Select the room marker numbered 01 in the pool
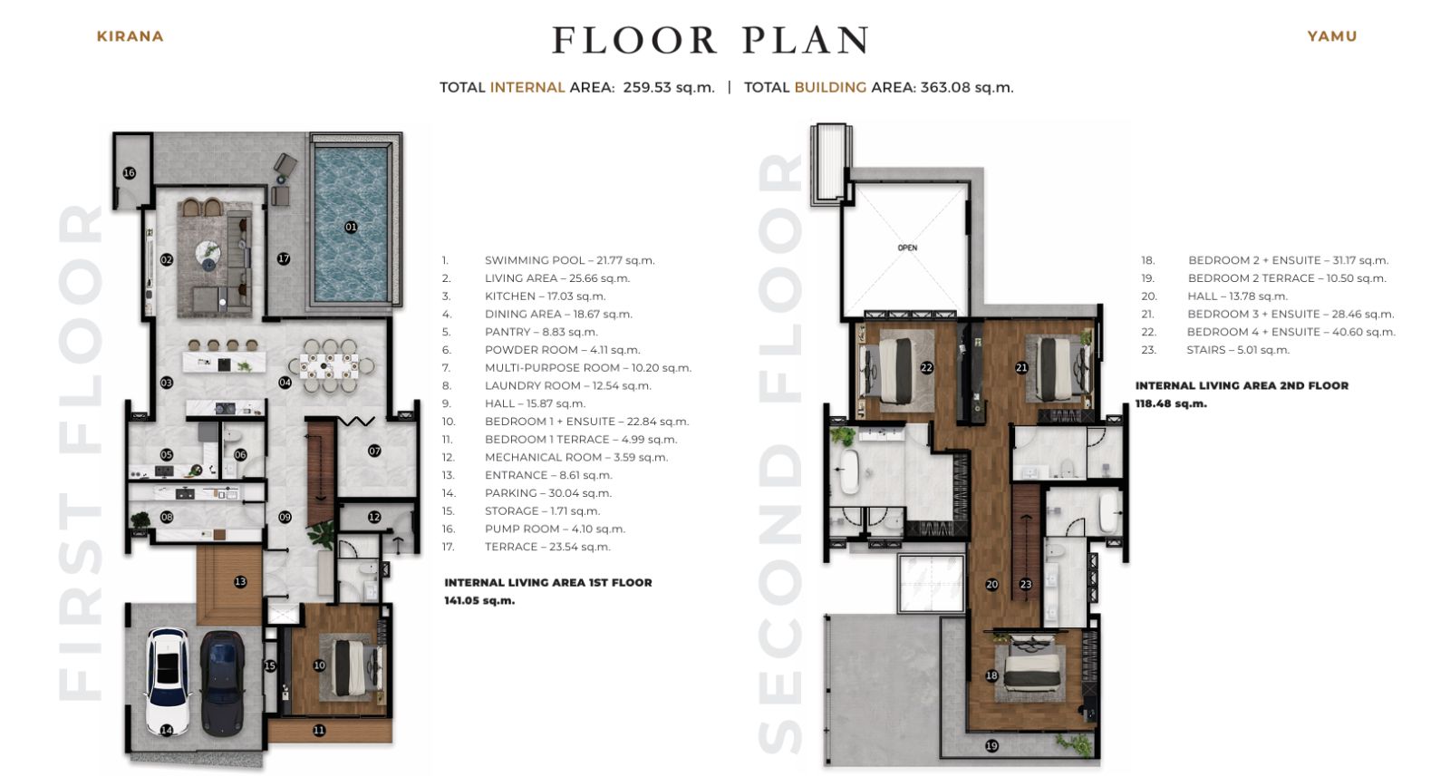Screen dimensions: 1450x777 (351, 227)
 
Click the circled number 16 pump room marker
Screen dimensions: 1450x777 (130, 173)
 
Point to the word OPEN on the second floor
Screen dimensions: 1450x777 (907, 248)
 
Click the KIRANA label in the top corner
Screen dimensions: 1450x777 (130, 36)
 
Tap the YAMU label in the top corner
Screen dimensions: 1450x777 (1331, 36)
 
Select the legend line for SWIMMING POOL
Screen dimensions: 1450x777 (548, 260)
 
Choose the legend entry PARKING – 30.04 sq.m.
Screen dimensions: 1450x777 (527, 492)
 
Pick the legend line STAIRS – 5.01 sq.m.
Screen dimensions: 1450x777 (1215, 350)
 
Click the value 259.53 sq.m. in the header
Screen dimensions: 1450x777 (669, 87)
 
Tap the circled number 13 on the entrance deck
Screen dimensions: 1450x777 (240, 581)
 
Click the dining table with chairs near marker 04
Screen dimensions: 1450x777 (330, 366)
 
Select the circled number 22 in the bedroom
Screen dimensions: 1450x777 (926, 368)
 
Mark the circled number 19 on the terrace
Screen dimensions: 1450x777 (991, 746)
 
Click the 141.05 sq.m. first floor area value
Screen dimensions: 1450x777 (479, 601)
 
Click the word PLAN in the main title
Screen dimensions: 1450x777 (806, 40)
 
